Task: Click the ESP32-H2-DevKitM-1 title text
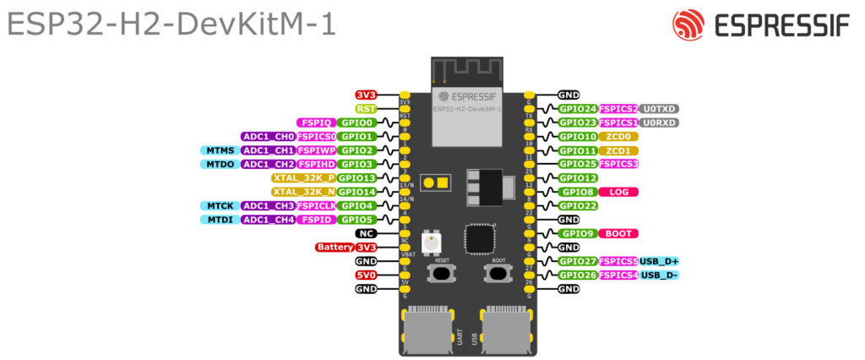(x=171, y=25)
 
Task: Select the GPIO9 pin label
(x=578, y=233)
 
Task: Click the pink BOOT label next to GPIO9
(x=617, y=233)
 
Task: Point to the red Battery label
(x=334, y=248)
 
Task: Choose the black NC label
(x=365, y=233)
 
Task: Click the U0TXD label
(x=659, y=109)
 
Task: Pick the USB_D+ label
(x=659, y=261)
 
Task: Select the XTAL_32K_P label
(x=303, y=178)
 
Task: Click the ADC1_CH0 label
(x=267, y=136)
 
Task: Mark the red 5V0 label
(x=365, y=275)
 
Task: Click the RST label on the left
(x=366, y=109)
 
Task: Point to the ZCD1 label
(x=618, y=150)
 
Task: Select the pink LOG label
(x=617, y=192)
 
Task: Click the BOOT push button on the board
(x=498, y=274)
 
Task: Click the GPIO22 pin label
(x=578, y=205)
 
